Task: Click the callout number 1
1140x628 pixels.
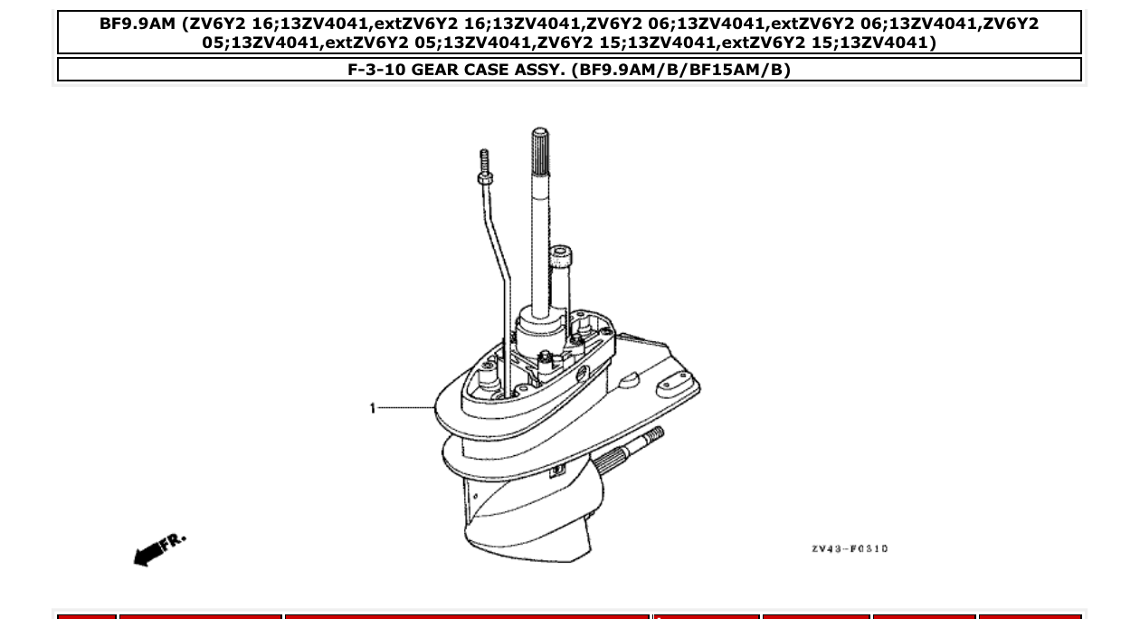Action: point(372,409)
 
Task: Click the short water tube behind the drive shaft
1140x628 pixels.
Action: point(562,271)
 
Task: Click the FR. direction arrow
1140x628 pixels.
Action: point(159,549)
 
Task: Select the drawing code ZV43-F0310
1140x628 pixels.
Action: point(849,548)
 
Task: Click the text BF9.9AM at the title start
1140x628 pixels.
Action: point(138,24)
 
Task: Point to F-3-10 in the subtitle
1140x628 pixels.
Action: point(377,71)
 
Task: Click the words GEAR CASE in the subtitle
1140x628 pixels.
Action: point(461,71)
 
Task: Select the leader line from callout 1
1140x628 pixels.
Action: point(404,409)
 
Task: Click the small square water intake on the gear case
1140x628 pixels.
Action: point(558,469)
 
